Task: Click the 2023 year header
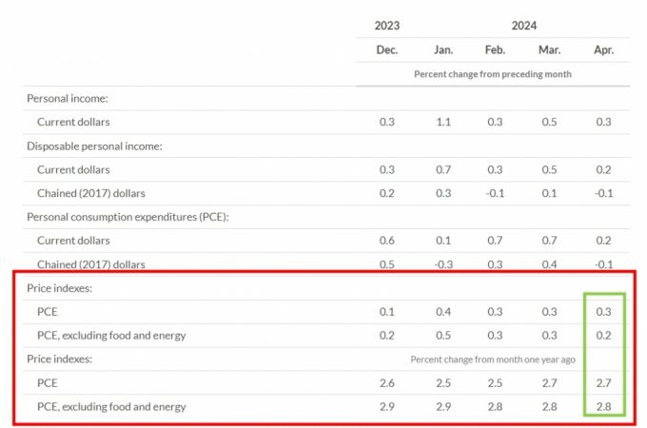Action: pyautogui.click(x=386, y=26)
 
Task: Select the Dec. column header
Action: pyautogui.click(x=386, y=49)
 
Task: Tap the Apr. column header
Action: pyautogui.click(x=603, y=49)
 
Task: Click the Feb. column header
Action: pyautogui.click(x=495, y=49)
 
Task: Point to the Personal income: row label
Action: pyautogui.click(x=67, y=98)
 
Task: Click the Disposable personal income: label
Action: pyautogui.click(x=94, y=146)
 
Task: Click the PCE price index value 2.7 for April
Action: pyautogui.click(x=603, y=382)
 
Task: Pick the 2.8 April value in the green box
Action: pyautogui.click(x=603, y=406)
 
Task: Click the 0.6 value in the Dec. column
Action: pyautogui.click(x=386, y=241)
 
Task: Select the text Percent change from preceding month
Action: pyautogui.click(x=492, y=74)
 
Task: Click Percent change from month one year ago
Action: pyautogui.click(x=491, y=360)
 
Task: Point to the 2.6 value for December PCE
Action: pyautogui.click(x=386, y=382)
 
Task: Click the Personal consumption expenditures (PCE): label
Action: pyautogui.click(x=127, y=217)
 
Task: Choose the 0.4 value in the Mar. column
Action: pyautogui.click(x=549, y=264)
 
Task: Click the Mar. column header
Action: pyautogui.click(x=549, y=49)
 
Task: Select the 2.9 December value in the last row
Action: pyautogui.click(x=386, y=406)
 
